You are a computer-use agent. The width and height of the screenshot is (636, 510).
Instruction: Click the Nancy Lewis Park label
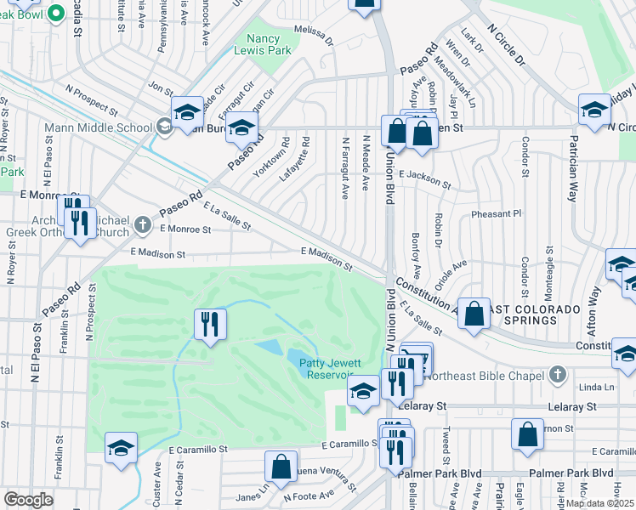[x=269, y=44]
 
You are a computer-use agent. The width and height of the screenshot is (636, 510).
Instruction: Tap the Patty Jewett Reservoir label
[x=326, y=369]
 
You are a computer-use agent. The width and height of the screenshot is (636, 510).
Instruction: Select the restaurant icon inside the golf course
[x=209, y=323]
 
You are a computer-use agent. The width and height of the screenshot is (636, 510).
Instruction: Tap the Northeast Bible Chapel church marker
[x=557, y=374]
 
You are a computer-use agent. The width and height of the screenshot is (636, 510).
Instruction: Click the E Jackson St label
[x=423, y=178]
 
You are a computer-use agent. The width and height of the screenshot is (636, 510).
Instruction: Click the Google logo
[x=28, y=500]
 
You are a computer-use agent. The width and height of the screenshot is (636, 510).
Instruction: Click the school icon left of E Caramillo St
[x=121, y=447]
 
